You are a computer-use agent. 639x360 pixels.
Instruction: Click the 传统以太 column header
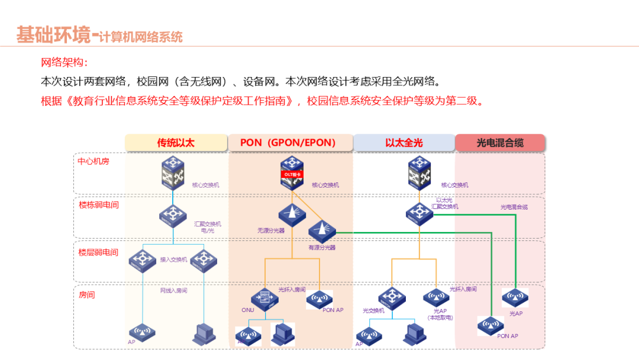click(176, 143)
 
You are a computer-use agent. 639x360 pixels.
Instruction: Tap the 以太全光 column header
click(404, 143)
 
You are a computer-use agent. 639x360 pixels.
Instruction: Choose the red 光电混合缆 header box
click(500, 143)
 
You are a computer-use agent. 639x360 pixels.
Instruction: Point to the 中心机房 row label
click(94, 161)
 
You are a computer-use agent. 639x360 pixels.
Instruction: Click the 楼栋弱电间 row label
click(99, 205)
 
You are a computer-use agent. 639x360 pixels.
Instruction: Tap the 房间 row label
click(87, 294)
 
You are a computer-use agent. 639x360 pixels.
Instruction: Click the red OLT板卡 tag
click(292, 175)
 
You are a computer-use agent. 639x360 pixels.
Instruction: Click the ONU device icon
click(264, 300)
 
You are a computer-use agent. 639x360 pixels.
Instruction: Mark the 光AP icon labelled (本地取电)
click(436, 298)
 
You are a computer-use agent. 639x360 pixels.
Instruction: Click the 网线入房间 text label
click(173, 291)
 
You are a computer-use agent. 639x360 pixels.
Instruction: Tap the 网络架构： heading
click(64, 63)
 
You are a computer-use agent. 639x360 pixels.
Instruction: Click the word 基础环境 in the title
click(53, 35)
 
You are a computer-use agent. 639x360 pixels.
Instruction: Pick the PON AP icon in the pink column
click(492, 325)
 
